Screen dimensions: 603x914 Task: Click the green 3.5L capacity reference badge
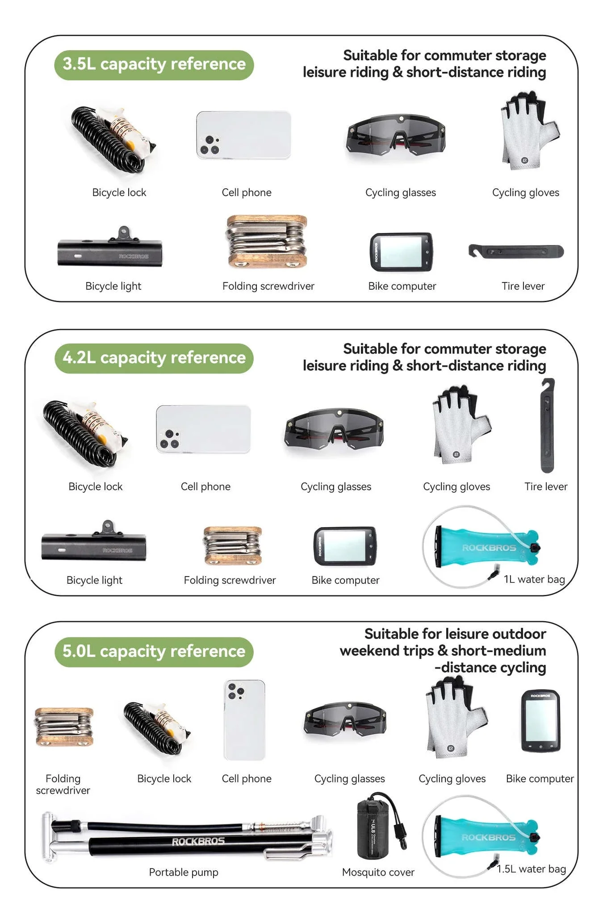(x=154, y=65)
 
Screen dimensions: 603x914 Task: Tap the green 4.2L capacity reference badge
(x=154, y=358)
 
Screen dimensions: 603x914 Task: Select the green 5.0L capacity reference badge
(x=154, y=652)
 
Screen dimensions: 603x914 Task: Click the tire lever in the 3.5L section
(x=516, y=251)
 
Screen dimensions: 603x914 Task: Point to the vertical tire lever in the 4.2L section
(x=548, y=425)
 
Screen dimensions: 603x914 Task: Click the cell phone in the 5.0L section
(x=244, y=720)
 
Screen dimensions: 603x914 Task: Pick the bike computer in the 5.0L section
(x=540, y=721)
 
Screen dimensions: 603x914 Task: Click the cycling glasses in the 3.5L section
(x=396, y=135)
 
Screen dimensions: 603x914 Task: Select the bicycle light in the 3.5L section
(x=110, y=249)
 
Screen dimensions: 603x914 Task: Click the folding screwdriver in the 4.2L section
(x=232, y=546)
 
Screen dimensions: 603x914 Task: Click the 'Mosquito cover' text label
(x=378, y=872)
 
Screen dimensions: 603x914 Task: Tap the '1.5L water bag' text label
(x=532, y=869)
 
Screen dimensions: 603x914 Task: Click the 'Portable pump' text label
(x=184, y=872)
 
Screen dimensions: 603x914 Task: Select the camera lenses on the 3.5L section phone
(x=209, y=145)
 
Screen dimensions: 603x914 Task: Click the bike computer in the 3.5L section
(x=401, y=252)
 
